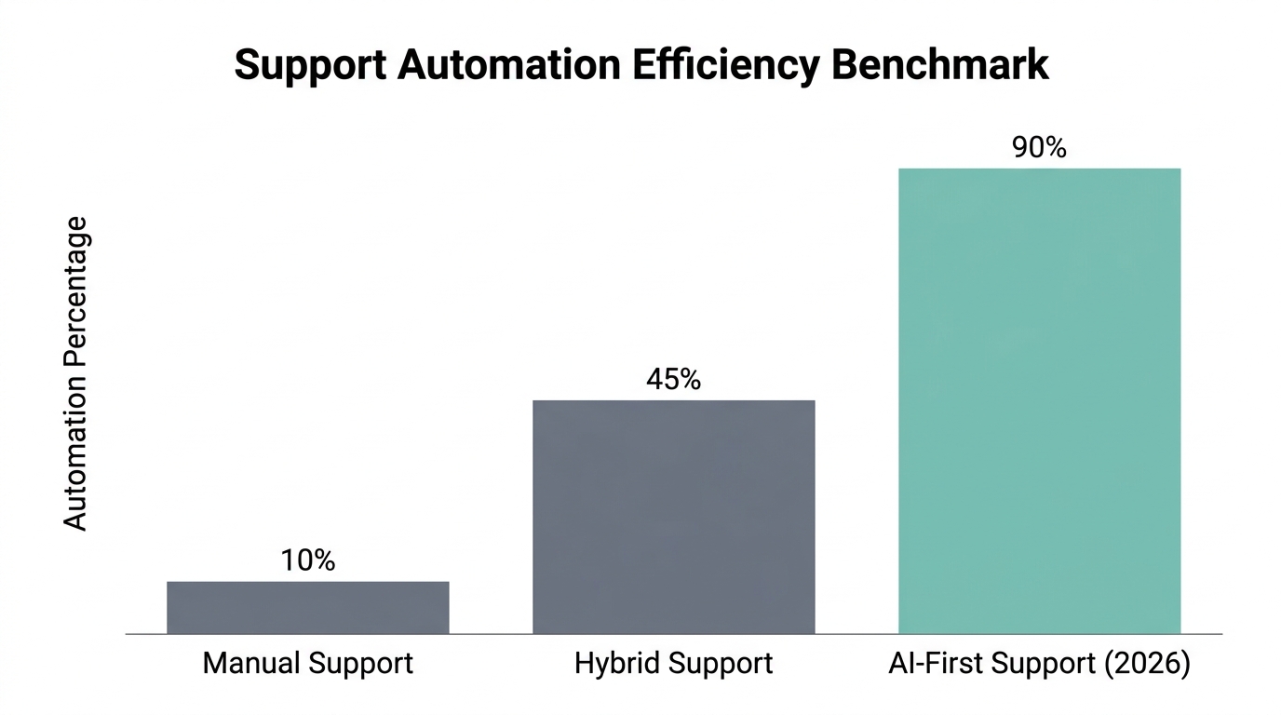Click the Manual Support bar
(x=308, y=607)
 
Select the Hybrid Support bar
(x=673, y=517)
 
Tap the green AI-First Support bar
(x=1039, y=400)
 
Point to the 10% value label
(x=308, y=560)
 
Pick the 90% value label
(x=1039, y=147)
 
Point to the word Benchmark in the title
(x=940, y=64)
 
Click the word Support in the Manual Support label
(x=361, y=665)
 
